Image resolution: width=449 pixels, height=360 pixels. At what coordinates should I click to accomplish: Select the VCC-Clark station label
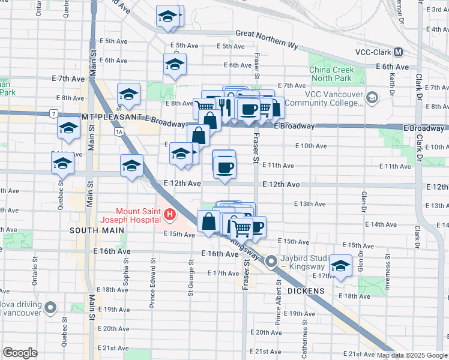click(373, 52)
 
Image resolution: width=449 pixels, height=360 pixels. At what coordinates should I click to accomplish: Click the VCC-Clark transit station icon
click(398, 52)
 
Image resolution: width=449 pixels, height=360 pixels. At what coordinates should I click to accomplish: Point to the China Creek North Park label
click(331, 74)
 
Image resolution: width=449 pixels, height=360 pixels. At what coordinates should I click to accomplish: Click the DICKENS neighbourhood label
click(306, 291)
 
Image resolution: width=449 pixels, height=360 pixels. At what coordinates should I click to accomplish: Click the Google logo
click(20, 353)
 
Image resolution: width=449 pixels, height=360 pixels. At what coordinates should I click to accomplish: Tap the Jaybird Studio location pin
click(271, 262)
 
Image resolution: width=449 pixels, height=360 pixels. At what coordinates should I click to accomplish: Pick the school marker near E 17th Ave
click(340, 265)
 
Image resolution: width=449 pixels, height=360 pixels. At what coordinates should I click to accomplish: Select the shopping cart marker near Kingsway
click(241, 227)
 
